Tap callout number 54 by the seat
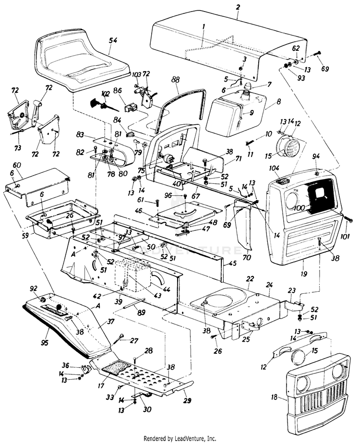[x=113, y=41]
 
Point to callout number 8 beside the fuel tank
[x=278, y=103]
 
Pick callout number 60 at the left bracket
[x=17, y=165]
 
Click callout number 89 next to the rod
[x=141, y=312]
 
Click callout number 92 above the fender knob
[x=33, y=288]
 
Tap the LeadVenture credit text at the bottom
[x=180, y=438]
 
